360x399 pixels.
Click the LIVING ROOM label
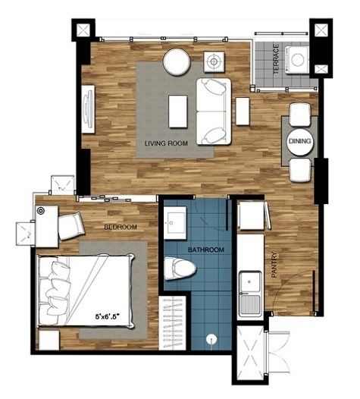(166, 143)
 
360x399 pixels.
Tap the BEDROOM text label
(121, 227)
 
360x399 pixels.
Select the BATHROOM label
(206, 250)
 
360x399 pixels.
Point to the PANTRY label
(274, 265)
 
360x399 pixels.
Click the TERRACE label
(276, 59)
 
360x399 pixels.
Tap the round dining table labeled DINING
(300, 141)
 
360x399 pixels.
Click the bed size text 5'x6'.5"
(107, 316)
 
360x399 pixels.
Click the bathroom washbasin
(174, 223)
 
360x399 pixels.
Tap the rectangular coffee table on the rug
(178, 112)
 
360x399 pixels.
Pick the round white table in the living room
(177, 61)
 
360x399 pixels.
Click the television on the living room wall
(88, 109)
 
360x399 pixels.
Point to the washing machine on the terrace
(296, 60)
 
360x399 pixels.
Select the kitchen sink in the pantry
(250, 293)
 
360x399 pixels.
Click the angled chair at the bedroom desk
(71, 226)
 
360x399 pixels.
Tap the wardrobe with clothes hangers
(173, 322)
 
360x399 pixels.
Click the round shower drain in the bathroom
(211, 338)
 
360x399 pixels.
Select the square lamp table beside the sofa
(214, 61)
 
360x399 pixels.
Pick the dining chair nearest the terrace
(300, 115)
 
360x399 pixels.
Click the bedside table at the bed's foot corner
(49, 340)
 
